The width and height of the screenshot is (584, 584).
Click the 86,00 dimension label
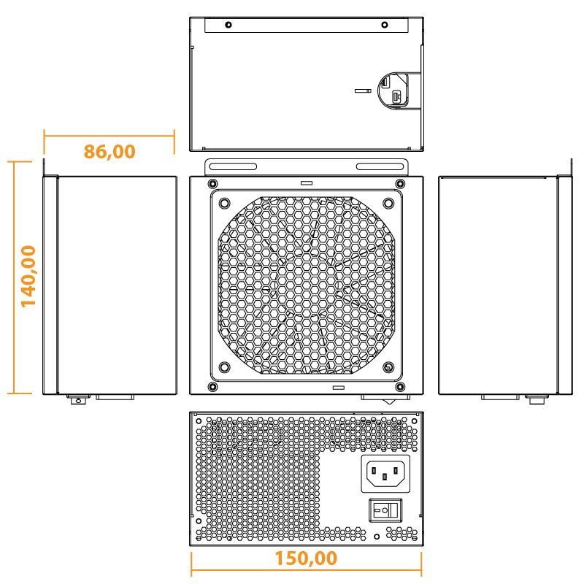(109, 152)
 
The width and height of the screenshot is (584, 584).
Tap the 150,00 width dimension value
(306, 558)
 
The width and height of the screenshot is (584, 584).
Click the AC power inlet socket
(385, 474)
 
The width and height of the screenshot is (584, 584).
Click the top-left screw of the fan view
(212, 183)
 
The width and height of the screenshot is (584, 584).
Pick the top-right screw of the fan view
(399, 183)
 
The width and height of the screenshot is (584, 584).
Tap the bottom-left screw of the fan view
(212, 386)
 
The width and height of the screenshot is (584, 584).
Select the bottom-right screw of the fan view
(399, 386)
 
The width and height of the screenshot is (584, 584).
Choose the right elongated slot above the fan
(380, 166)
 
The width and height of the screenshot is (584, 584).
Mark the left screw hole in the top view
(228, 25)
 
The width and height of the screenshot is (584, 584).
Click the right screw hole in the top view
(384, 25)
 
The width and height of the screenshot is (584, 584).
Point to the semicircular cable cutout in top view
(394, 89)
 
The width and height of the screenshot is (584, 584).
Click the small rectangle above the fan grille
(306, 182)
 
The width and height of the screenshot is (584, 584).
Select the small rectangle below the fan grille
(338, 388)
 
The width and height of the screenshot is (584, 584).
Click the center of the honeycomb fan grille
(306, 285)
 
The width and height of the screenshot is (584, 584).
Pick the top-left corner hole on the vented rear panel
(196, 418)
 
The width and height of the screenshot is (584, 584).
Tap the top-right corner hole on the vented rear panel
(415, 418)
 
